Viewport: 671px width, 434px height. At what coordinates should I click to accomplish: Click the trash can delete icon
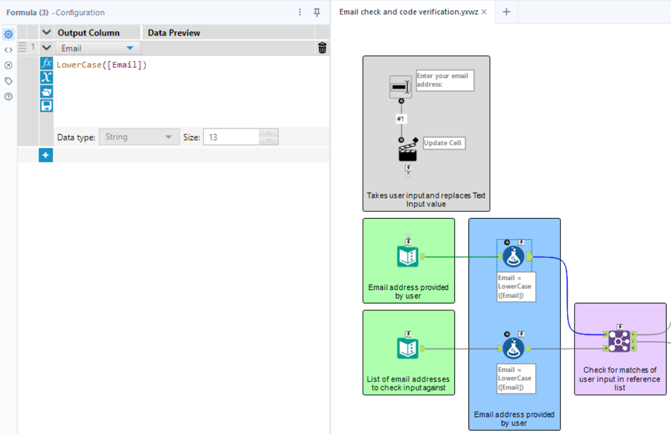tap(322, 48)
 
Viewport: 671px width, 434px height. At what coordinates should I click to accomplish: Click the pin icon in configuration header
tap(317, 12)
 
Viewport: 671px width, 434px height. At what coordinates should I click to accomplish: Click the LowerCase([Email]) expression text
tap(102, 65)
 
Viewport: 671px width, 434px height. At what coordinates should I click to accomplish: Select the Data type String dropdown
tap(138, 137)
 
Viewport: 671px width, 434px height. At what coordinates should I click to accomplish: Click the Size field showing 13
tap(231, 137)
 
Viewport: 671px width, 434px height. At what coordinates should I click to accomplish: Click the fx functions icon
tap(47, 63)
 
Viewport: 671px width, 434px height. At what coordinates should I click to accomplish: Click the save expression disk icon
tap(47, 106)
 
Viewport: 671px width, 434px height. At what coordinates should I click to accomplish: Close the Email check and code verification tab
tap(484, 12)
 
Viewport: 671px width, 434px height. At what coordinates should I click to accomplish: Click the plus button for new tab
tap(506, 12)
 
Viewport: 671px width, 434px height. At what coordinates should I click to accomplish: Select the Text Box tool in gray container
tap(401, 87)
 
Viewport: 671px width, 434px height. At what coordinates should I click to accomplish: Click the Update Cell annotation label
tap(444, 143)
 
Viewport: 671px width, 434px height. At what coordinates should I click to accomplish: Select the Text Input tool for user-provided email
tap(407, 257)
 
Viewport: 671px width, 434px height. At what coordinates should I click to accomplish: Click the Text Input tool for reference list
tap(407, 349)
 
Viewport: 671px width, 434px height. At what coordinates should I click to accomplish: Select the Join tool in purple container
tap(619, 341)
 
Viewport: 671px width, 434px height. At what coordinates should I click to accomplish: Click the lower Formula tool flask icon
tap(513, 349)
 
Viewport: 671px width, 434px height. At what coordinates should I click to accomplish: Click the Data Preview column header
tap(174, 33)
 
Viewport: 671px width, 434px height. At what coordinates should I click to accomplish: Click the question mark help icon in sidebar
tap(8, 97)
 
